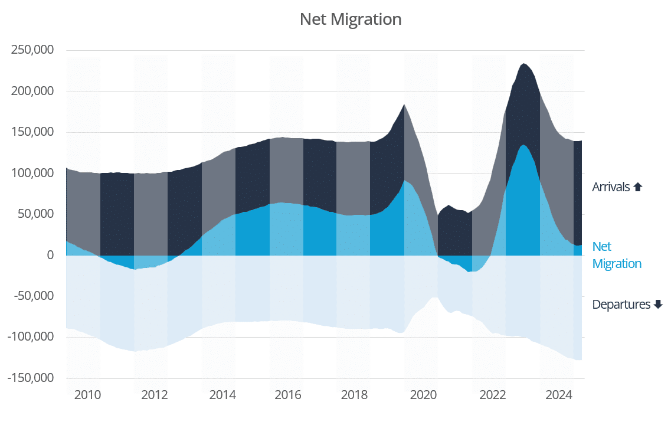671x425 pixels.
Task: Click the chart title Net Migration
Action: pyautogui.click(x=351, y=19)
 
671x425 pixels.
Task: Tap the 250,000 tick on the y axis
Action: pyautogui.click(x=32, y=50)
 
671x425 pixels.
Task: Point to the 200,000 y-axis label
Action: pyautogui.click(x=32, y=91)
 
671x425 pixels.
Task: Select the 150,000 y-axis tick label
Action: pyautogui.click(x=32, y=132)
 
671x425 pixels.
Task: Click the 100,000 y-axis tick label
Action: pyautogui.click(x=32, y=174)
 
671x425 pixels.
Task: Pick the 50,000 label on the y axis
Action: pyautogui.click(x=36, y=214)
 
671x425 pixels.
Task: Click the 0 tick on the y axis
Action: pyautogui.click(x=50, y=256)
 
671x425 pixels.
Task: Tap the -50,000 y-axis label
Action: pyautogui.click(x=34, y=296)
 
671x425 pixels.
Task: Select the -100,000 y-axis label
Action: pyautogui.click(x=31, y=337)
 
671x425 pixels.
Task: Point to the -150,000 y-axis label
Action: pyautogui.click(x=31, y=378)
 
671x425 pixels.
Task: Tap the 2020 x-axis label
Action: pyautogui.click(x=423, y=395)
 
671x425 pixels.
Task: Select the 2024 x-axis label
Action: pyautogui.click(x=559, y=395)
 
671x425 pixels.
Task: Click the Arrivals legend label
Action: pyautogui.click(x=611, y=187)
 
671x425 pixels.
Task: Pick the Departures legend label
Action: pyautogui.click(x=621, y=305)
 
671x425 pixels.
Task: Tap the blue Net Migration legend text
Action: pyautogui.click(x=616, y=255)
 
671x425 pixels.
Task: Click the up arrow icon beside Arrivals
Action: pyautogui.click(x=637, y=187)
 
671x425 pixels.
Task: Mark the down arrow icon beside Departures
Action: pyautogui.click(x=659, y=305)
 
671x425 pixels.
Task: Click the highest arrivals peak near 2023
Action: pyautogui.click(x=523, y=64)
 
